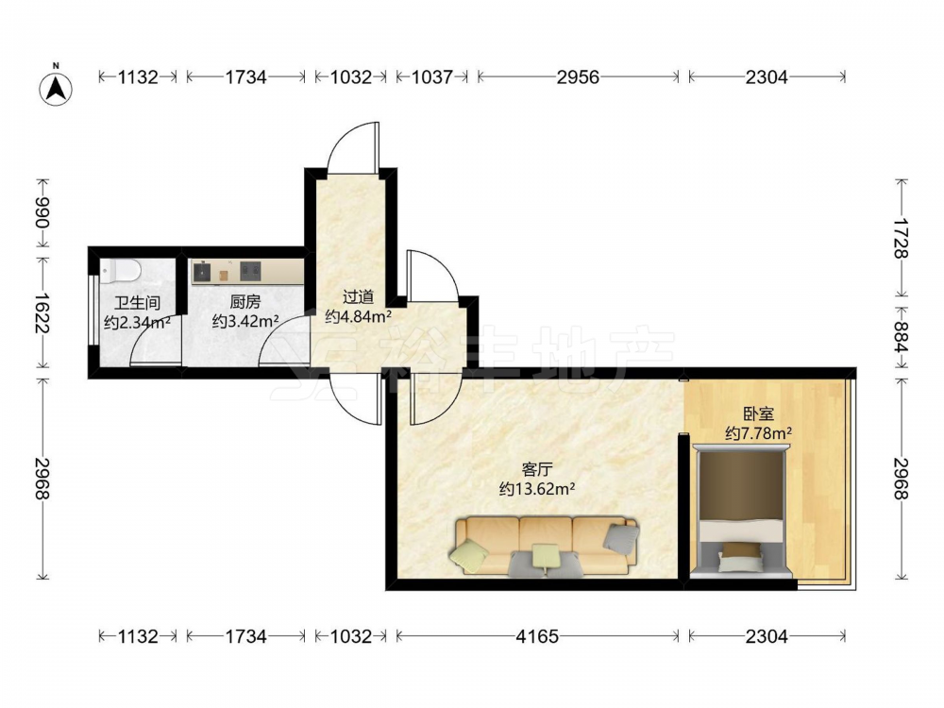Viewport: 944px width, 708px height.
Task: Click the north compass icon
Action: click(x=56, y=87)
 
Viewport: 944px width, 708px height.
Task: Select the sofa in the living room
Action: click(x=546, y=546)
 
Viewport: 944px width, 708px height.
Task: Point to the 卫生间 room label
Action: click(x=137, y=302)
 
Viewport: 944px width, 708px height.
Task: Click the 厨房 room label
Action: click(x=245, y=301)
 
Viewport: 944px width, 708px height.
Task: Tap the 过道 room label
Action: click(x=358, y=296)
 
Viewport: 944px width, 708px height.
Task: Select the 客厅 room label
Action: click(x=537, y=469)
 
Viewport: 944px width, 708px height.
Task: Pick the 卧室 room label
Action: click(x=758, y=413)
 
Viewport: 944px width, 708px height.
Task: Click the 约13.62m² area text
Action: click(x=537, y=489)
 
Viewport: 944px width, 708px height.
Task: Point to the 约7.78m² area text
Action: click(x=758, y=433)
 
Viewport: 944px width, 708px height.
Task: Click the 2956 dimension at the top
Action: click(x=578, y=77)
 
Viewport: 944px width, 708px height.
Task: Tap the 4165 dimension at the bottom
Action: click(x=537, y=636)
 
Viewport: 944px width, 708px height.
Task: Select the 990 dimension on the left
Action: click(x=42, y=212)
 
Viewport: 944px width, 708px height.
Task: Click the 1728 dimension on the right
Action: click(x=901, y=239)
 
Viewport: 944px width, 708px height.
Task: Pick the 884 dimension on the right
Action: click(x=901, y=337)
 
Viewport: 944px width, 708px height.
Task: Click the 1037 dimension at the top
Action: click(x=431, y=77)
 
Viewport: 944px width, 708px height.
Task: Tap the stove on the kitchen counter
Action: click(x=250, y=272)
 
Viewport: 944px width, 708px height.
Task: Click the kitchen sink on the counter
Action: click(x=202, y=272)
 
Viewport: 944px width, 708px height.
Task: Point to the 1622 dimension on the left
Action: click(x=42, y=313)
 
